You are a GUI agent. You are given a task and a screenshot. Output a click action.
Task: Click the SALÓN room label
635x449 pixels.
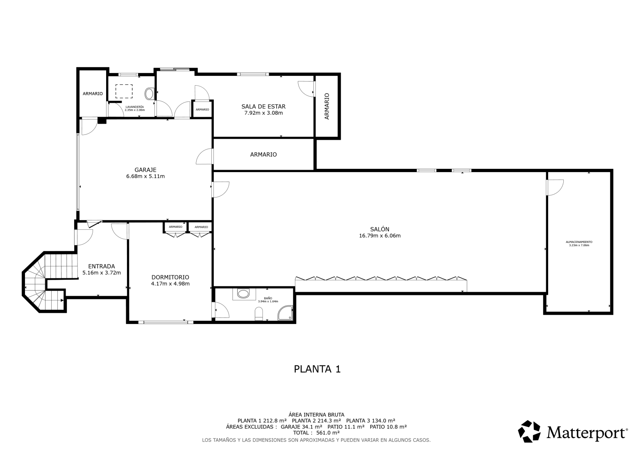[x=380, y=229]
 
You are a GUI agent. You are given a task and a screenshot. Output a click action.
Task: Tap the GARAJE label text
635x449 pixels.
[x=145, y=170]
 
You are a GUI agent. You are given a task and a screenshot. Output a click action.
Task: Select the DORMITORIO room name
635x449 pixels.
[x=170, y=277]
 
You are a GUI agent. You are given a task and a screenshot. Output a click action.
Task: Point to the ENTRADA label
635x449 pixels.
[x=102, y=266]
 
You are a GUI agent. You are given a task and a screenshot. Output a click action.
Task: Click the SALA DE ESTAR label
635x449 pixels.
[x=263, y=107]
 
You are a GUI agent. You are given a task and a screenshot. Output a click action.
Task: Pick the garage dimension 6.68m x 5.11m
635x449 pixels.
[x=145, y=176]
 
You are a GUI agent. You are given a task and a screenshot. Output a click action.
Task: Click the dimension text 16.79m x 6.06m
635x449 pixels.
[x=380, y=236]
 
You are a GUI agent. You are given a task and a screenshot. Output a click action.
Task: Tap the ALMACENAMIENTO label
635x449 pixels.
[x=579, y=242]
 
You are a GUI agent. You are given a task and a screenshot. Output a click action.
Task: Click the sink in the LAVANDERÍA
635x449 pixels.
[x=149, y=93]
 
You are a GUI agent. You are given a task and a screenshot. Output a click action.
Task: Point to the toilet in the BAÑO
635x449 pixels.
[x=259, y=314]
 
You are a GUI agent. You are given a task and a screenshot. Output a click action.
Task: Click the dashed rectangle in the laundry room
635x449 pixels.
[x=124, y=91]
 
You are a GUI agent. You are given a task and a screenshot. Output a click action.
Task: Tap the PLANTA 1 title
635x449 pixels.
[x=317, y=369]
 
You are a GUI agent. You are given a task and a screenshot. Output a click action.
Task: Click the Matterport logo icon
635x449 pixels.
[x=529, y=431]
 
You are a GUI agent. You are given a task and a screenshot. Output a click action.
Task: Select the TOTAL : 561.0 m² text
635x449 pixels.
[x=316, y=433]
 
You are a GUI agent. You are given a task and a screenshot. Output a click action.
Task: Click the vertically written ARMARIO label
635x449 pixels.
[x=327, y=106]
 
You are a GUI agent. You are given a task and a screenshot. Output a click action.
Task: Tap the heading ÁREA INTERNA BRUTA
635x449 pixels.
[x=316, y=415]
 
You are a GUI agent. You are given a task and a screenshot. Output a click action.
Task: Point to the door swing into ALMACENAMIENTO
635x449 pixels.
[x=555, y=187]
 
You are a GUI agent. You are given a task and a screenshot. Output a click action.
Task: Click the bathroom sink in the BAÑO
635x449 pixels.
[x=243, y=294]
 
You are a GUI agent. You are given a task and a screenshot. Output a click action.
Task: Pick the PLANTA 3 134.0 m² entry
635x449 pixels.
[x=371, y=421]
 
